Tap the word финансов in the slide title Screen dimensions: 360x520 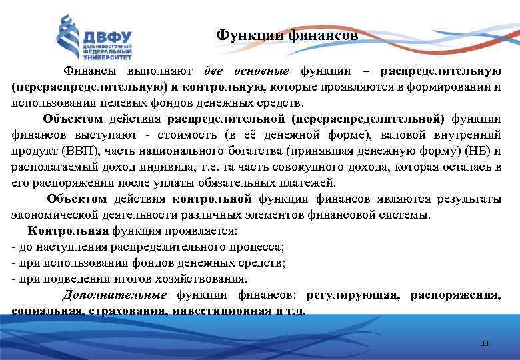tap(324, 35)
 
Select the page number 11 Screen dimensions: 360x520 tap(485, 343)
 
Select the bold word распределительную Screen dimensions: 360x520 tap(441, 71)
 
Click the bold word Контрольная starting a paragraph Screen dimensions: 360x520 tap(68, 231)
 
